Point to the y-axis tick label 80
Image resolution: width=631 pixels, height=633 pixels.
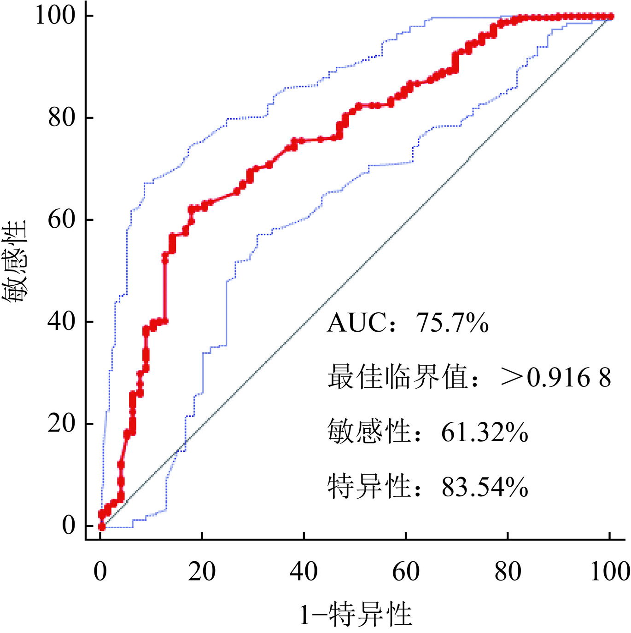pyautogui.click(x=62, y=117)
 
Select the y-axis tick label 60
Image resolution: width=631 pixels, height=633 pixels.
pyautogui.click(x=62, y=219)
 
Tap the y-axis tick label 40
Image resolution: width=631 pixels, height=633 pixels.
pyautogui.click(x=62, y=322)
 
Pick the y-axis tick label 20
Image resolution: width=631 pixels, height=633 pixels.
pyautogui.click(x=62, y=423)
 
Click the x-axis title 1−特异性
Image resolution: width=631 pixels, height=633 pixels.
pyautogui.click(x=356, y=615)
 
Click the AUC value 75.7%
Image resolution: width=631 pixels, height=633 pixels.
pyautogui.click(x=452, y=322)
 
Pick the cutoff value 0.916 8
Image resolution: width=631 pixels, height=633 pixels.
pyautogui.click(x=569, y=378)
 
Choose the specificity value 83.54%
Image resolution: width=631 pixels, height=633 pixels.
pyautogui.click(x=485, y=487)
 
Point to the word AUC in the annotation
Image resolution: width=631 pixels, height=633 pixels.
pyautogui.click(x=356, y=322)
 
